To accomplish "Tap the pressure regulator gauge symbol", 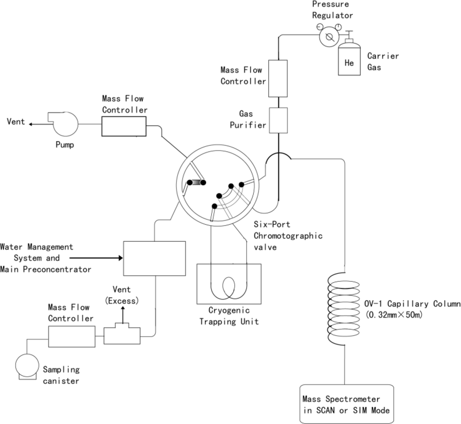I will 328,36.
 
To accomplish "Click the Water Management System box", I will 154,258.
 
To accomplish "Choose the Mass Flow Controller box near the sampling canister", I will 71,337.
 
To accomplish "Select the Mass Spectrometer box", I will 348,403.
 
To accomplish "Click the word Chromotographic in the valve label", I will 288,236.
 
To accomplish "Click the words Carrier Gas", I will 383,62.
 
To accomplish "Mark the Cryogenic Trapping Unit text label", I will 229,317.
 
